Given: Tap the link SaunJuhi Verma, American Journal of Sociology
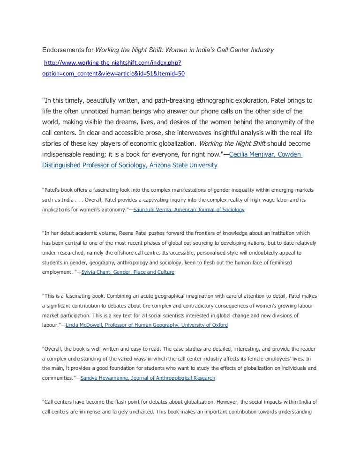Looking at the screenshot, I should (189, 210).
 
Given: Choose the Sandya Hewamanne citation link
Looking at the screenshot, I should (148, 377).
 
